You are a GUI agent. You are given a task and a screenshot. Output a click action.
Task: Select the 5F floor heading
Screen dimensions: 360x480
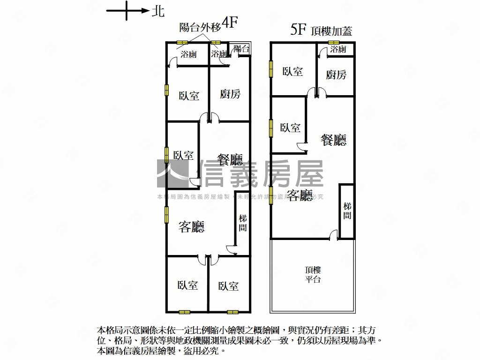coord(299,30)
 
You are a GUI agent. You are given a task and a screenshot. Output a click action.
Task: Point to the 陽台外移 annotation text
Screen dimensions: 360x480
coord(200,27)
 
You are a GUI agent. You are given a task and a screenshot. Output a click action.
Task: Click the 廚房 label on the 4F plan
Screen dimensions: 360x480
coord(230,94)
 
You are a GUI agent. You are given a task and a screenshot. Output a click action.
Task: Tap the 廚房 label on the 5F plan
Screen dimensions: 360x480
coord(336,75)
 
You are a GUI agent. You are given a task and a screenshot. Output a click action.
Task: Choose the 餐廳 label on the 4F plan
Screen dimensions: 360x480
coord(230,161)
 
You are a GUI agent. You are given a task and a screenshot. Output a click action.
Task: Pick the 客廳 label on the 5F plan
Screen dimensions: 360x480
coord(300,195)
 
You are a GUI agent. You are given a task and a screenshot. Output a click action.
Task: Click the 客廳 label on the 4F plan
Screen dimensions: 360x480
coord(192,227)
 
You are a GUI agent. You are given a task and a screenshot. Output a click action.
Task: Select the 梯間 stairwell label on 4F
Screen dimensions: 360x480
coord(242,223)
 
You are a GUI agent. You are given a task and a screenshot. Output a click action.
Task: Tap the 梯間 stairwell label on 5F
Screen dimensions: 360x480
coord(347,211)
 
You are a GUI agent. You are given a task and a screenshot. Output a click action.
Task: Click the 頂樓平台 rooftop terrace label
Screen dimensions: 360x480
coord(313,275)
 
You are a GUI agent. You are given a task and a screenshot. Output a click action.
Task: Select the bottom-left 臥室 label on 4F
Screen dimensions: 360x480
coord(187,285)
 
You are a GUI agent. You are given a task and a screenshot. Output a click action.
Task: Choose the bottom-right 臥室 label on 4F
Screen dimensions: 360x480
coord(228,286)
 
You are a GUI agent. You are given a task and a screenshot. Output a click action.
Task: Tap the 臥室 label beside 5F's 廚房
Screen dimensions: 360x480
coord(292,71)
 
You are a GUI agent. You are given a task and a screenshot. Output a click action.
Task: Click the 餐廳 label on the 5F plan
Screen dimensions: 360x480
coord(333,140)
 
